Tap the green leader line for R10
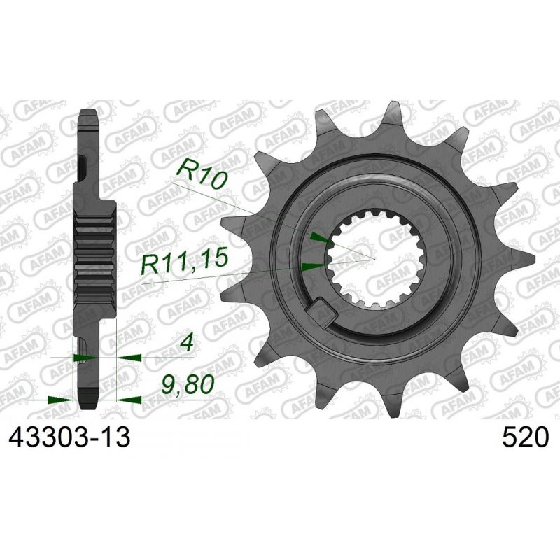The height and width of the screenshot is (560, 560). pos(266,210)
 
